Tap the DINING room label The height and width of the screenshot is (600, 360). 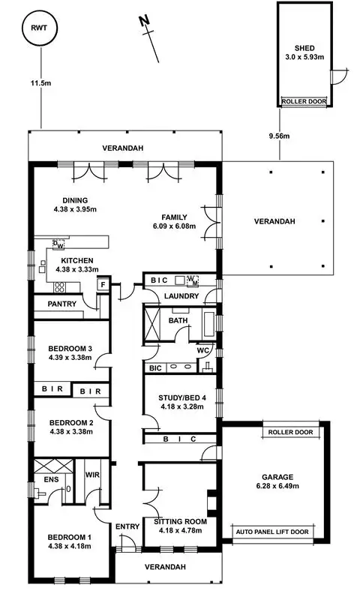click(75, 200)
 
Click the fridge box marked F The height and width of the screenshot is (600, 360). click(103, 285)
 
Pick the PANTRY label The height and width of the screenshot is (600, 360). click(64, 304)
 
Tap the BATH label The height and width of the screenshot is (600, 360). click(178, 321)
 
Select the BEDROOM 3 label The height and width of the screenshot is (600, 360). click(70, 348)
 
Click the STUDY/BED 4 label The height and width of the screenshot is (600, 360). click(181, 398)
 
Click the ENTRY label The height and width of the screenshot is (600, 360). click(128, 527)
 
